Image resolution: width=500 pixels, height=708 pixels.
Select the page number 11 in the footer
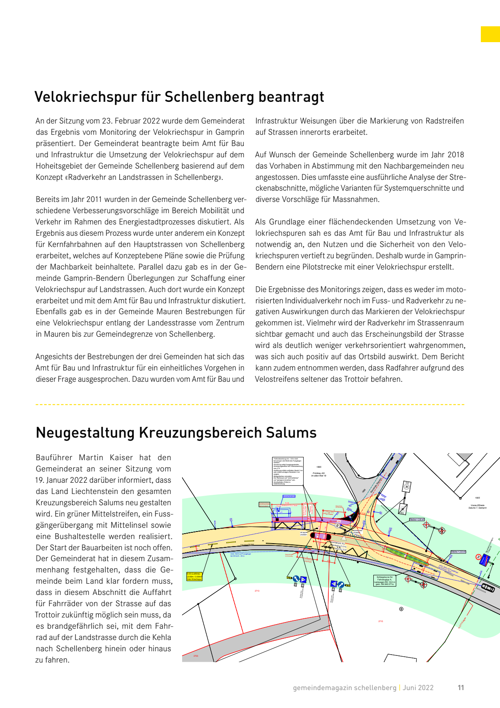click(x=461, y=688)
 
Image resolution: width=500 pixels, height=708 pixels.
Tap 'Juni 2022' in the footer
click(x=418, y=688)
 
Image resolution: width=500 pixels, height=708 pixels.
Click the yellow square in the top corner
click(x=490, y=34)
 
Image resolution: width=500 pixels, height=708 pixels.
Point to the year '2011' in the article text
click(x=94, y=199)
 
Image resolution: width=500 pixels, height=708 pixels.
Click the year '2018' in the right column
click(x=455, y=155)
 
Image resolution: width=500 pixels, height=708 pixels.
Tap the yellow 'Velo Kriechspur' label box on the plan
click(x=194, y=576)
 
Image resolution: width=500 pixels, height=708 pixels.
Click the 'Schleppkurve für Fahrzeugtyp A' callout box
click(x=385, y=581)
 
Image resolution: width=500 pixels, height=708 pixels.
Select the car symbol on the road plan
click(x=488, y=588)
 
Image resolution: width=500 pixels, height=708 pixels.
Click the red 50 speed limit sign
click(x=478, y=557)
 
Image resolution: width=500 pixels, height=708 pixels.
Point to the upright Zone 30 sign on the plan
click(x=407, y=486)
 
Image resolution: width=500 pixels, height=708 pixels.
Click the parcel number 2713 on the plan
click(x=257, y=591)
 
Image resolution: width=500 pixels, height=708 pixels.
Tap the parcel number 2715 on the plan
click(x=380, y=621)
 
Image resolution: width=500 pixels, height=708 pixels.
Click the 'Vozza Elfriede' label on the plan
click(x=477, y=506)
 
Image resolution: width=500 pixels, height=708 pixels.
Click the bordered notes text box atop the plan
click(x=287, y=471)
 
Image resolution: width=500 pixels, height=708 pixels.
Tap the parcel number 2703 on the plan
click(x=196, y=656)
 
